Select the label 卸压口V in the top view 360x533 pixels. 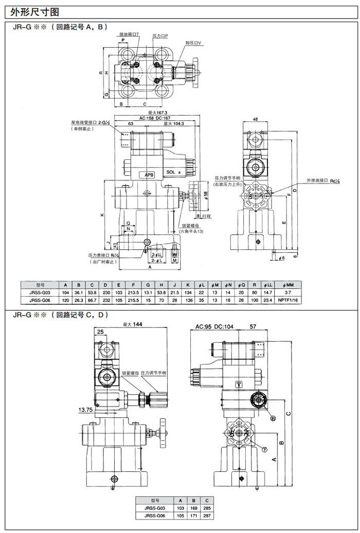point(193,43)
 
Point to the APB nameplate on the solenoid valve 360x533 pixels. point(149,175)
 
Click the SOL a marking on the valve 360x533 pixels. point(173,173)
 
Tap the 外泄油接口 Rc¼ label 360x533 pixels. point(325,181)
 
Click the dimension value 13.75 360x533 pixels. point(85,409)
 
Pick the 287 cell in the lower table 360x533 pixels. point(206,516)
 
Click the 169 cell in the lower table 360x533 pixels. point(193,508)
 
